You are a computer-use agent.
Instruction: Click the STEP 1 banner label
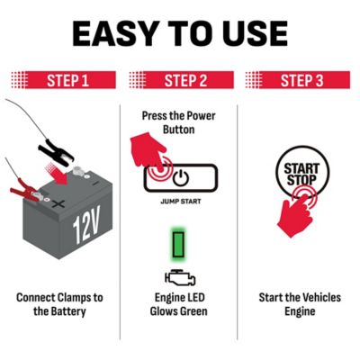click(x=67, y=81)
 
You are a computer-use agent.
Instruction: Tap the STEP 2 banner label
click(x=185, y=81)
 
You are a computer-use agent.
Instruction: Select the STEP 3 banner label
click(x=301, y=81)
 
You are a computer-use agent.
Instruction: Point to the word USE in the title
click(x=250, y=33)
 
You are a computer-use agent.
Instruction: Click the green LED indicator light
click(x=181, y=244)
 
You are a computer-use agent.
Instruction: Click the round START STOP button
click(x=301, y=175)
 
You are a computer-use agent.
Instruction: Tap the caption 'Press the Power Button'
click(x=180, y=122)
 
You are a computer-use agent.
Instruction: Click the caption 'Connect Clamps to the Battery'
click(x=60, y=304)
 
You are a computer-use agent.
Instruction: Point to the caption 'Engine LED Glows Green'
click(x=180, y=304)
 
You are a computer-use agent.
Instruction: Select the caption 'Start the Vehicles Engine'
click(x=300, y=304)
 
